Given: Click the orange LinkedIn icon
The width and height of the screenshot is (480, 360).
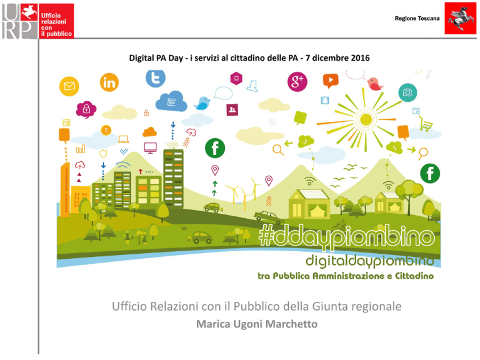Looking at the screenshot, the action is (109, 82).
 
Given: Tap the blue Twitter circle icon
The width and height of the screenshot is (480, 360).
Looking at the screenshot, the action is (156, 78).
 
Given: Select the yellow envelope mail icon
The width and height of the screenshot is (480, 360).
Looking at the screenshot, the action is (69, 86).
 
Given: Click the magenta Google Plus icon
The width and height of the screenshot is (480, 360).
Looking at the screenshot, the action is (297, 82).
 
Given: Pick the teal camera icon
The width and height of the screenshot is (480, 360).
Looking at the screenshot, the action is (407, 92).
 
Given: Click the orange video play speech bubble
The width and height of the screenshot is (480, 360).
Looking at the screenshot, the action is (331, 81).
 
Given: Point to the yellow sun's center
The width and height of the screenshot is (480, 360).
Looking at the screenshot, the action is (366, 120).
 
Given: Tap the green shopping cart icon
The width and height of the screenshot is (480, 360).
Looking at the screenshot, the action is (426, 124).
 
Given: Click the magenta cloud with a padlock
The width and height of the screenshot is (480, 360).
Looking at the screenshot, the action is (86, 109).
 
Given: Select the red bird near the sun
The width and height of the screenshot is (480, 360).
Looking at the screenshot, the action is (375, 84).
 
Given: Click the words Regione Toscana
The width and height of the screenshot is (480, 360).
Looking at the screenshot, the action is (417, 18).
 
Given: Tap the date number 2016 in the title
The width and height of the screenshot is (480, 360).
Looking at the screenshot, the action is (360, 58).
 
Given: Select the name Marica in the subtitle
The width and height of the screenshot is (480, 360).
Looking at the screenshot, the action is (213, 324).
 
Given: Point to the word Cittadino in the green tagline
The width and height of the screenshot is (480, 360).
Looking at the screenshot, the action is (414, 276).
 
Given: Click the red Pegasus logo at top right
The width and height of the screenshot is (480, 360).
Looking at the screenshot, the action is (461, 18).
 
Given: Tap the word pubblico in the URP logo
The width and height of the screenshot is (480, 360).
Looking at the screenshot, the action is (59, 34).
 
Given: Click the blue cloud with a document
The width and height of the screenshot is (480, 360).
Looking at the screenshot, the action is (171, 101).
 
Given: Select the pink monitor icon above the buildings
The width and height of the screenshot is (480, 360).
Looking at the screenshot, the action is (150, 147).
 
